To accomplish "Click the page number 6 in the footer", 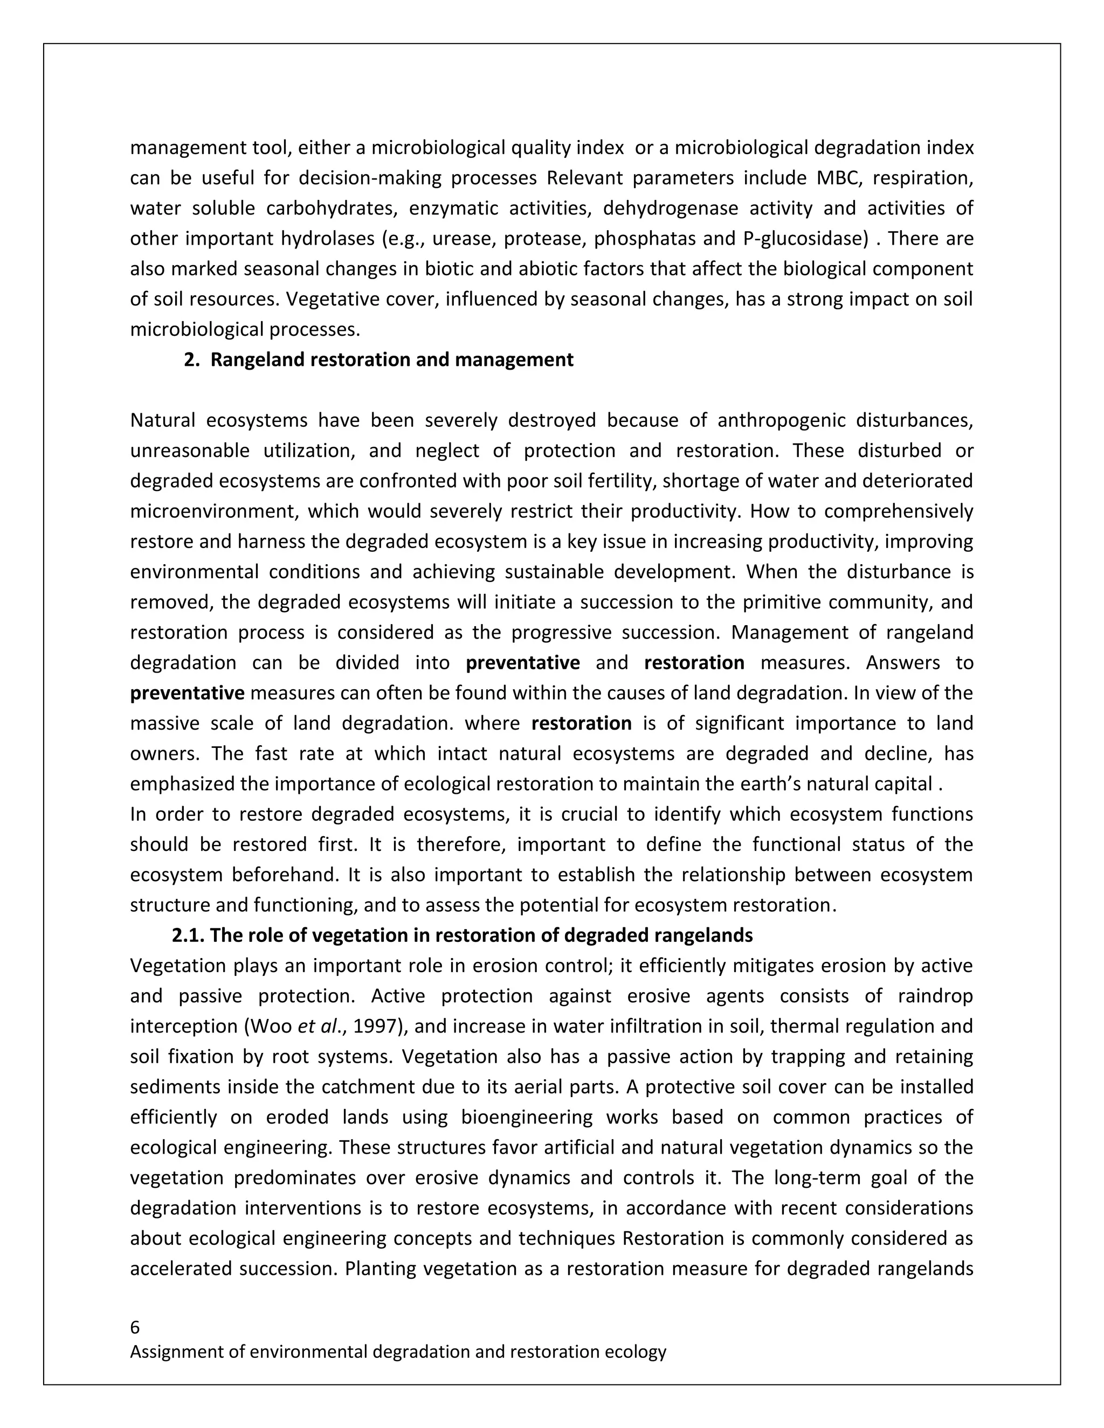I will (x=135, y=1327).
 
